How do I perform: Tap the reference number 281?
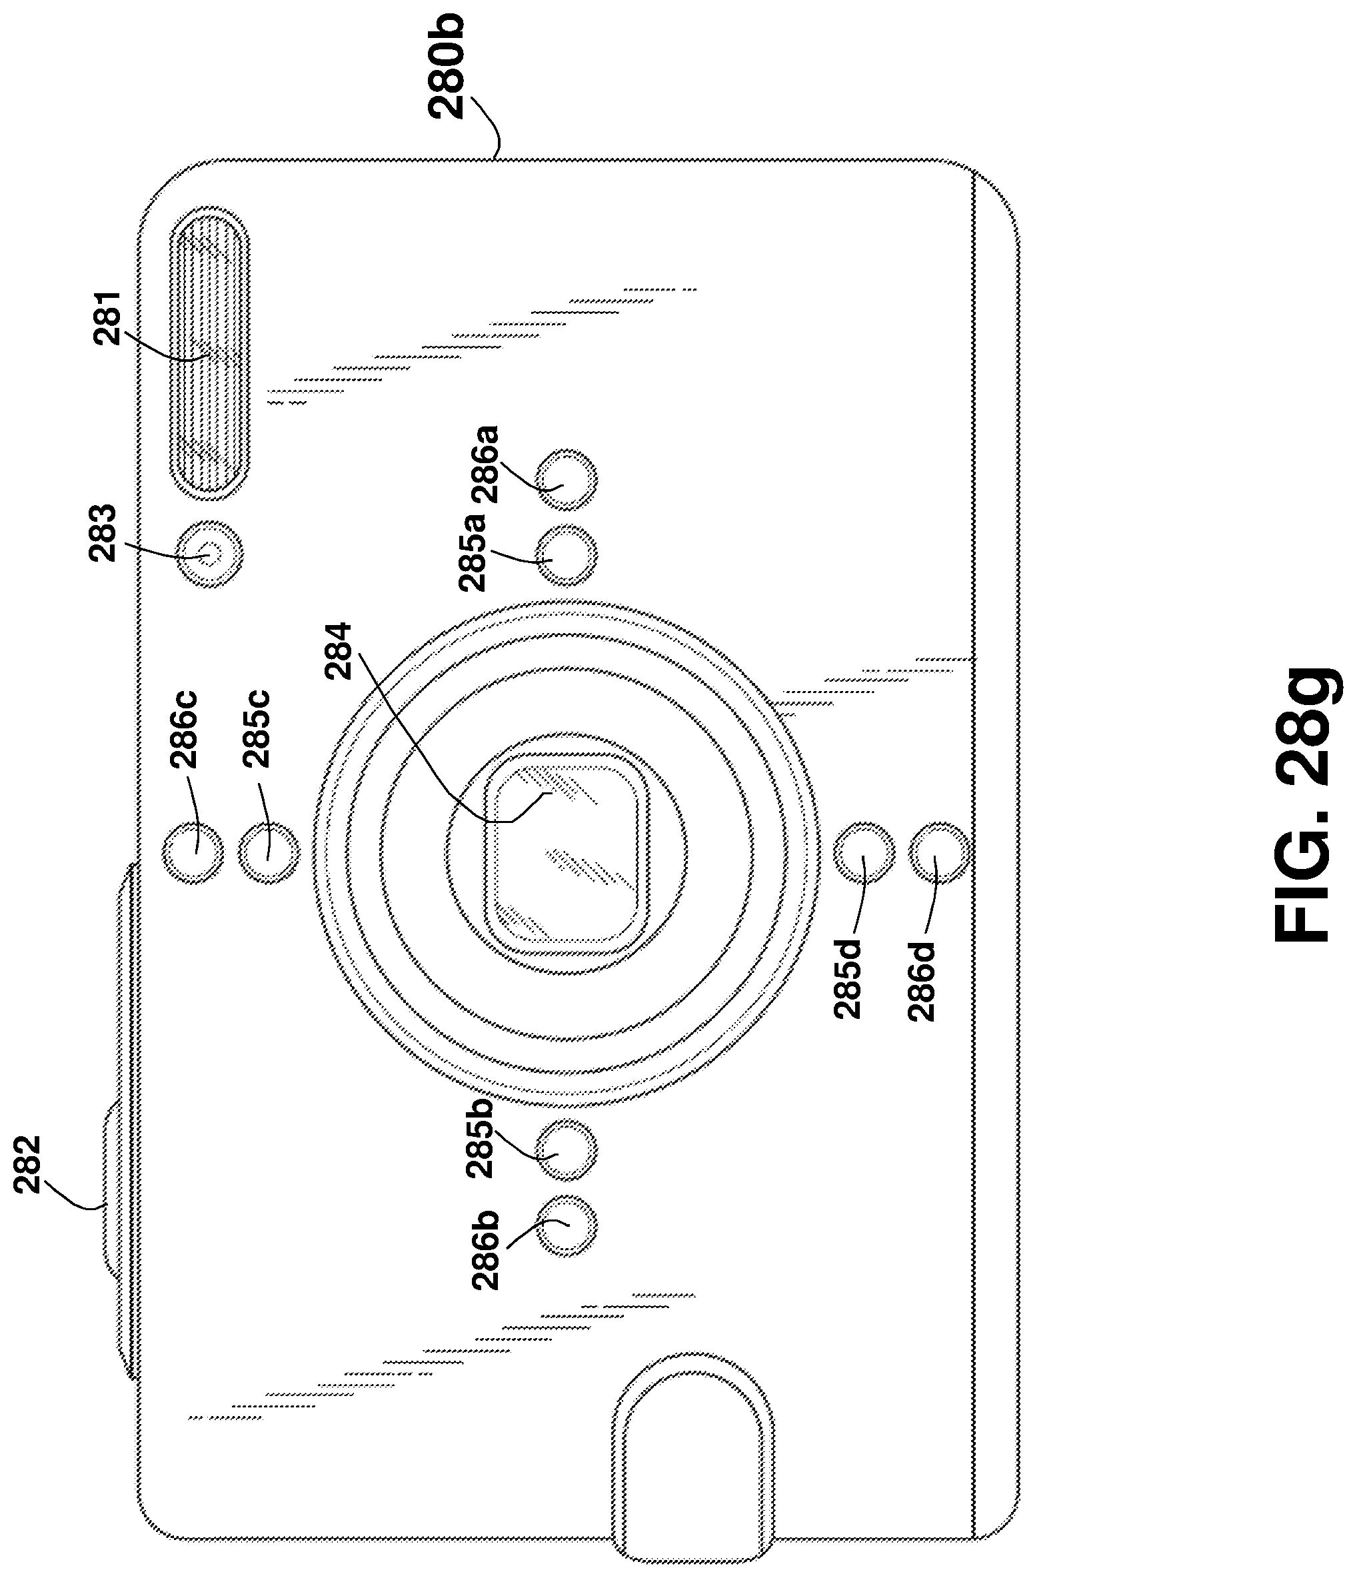click(x=108, y=319)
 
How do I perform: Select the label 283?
click(x=103, y=533)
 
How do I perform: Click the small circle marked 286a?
click(x=566, y=480)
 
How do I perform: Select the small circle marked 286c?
click(x=194, y=852)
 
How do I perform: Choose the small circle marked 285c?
click(x=269, y=852)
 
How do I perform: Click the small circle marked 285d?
click(x=864, y=852)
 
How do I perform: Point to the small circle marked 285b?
click(x=566, y=1150)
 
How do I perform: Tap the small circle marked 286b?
click(x=566, y=1225)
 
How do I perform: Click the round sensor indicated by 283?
click(x=209, y=554)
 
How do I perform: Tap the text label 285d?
click(x=847, y=980)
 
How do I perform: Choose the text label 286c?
click(x=183, y=729)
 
